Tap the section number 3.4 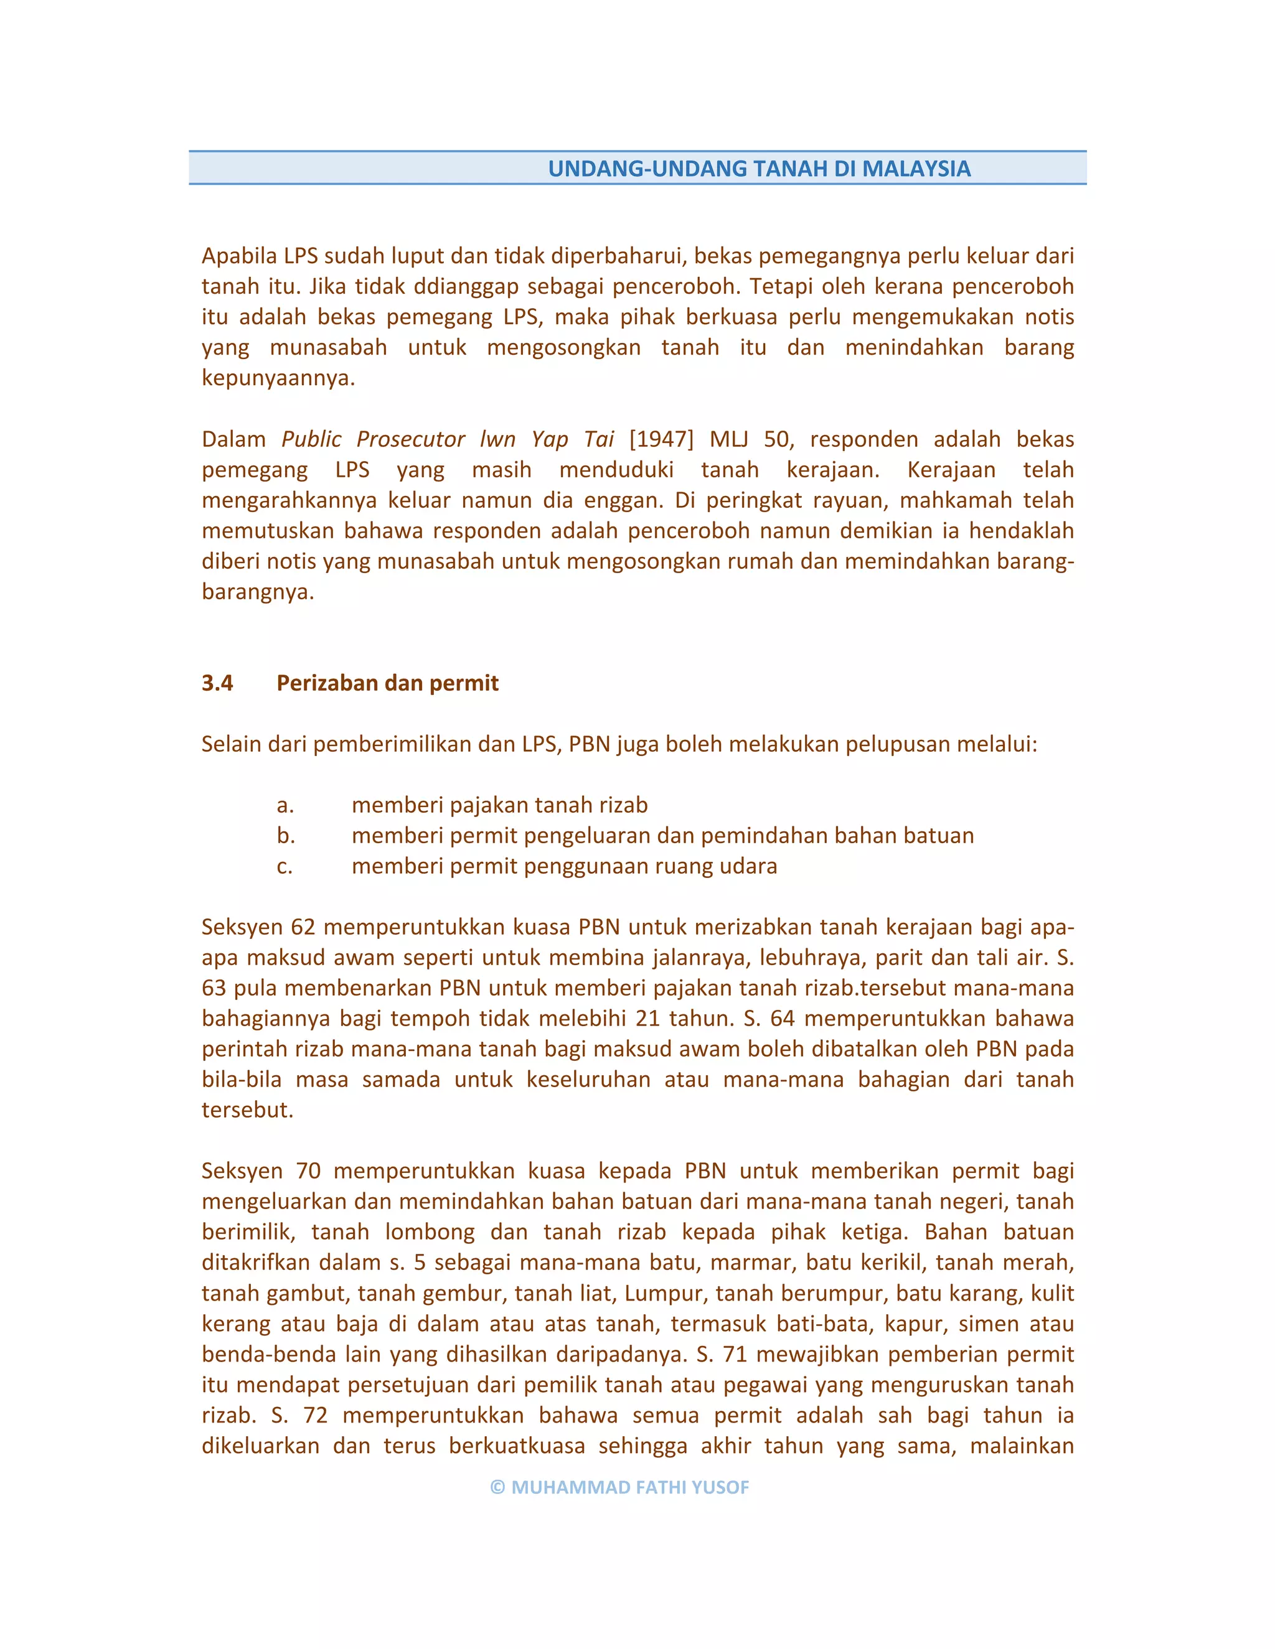[x=217, y=683]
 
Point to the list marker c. [x=284, y=866]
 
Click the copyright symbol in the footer [x=497, y=1487]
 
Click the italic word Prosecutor [x=411, y=439]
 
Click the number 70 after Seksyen [x=308, y=1170]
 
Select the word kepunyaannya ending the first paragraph [x=277, y=378]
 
